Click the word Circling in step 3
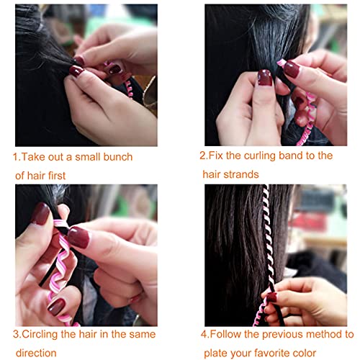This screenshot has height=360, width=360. point(42,334)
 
